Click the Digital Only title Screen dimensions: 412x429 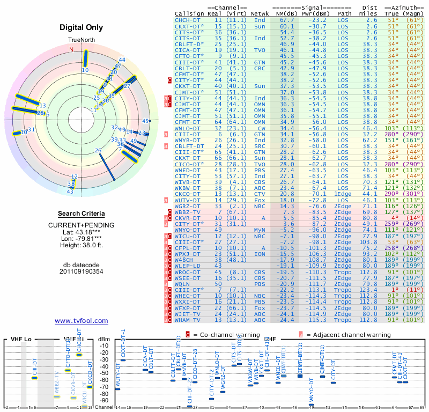point(82,27)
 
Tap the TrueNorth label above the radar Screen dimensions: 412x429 point(81,40)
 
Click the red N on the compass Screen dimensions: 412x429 point(71,49)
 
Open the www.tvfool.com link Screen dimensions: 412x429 point(82,321)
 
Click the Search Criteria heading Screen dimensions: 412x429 point(82,214)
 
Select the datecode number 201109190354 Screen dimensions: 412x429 point(82,271)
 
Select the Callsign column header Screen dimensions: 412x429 point(189,13)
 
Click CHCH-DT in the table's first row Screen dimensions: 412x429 point(188,20)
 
